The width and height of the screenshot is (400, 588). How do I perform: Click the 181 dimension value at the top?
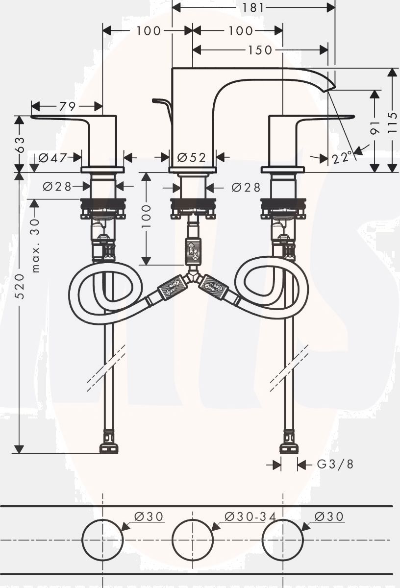coord(252,8)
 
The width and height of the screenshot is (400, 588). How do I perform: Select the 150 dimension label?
coord(259,50)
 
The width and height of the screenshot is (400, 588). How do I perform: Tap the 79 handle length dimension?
coord(68,107)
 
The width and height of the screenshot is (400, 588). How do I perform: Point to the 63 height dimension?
coord(20,144)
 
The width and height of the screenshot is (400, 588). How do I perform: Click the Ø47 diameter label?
coord(52,158)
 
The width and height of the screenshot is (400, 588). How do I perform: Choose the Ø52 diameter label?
coord(192,157)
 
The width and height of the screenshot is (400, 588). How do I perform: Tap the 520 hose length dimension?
coord(20,286)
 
